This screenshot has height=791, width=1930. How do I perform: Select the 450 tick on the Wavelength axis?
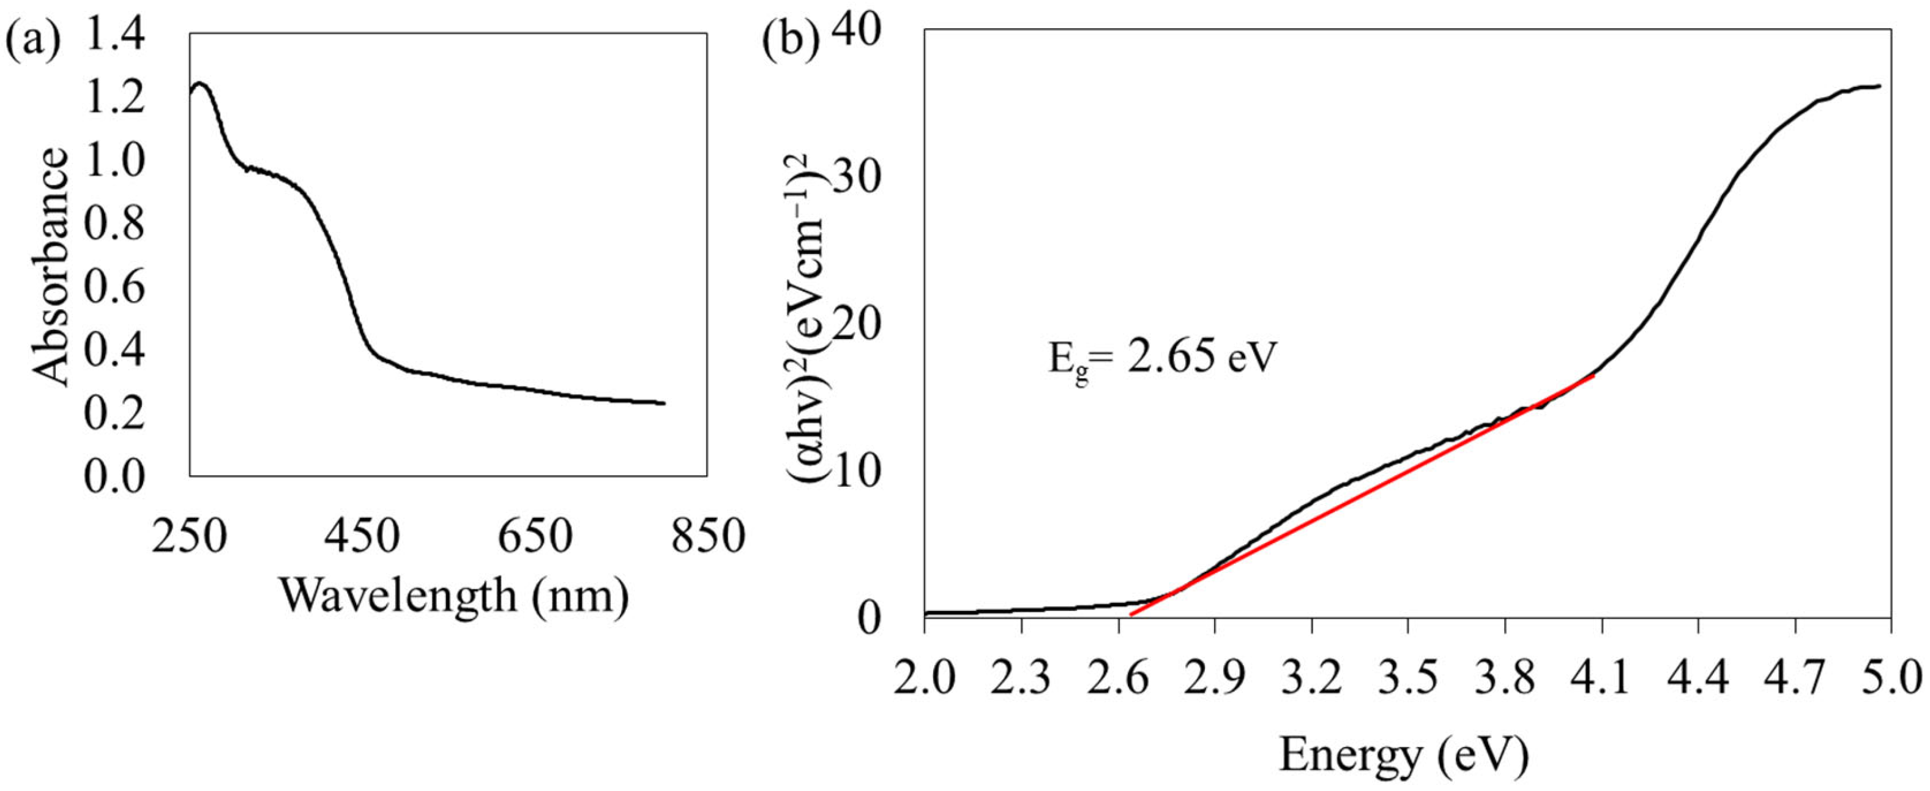pos(362,538)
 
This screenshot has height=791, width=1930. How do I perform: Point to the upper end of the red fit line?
pos(1593,376)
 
